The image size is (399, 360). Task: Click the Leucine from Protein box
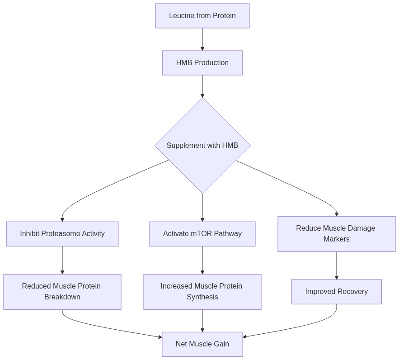[x=202, y=16]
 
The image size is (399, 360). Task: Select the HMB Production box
[x=202, y=63]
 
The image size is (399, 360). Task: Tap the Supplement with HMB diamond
[x=202, y=146]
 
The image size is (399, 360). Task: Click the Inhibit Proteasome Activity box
[x=62, y=234]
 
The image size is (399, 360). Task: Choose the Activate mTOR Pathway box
[x=202, y=234]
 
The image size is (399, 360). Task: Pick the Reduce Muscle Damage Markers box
[x=336, y=234]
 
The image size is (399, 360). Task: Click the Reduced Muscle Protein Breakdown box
[x=62, y=292]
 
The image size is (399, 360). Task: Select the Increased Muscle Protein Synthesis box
[x=202, y=292]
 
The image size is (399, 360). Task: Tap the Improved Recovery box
[x=336, y=292]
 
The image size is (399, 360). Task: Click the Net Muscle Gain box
[x=202, y=344]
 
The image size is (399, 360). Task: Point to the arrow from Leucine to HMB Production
[x=202, y=39]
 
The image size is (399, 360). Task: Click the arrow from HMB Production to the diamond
[x=202, y=86]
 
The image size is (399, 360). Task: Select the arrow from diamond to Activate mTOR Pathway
[x=202, y=208]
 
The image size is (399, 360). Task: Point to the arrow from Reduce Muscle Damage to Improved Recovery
[x=336, y=265]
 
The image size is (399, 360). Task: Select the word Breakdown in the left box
[x=62, y=297]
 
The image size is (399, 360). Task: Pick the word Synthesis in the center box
[x=202, y=297]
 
